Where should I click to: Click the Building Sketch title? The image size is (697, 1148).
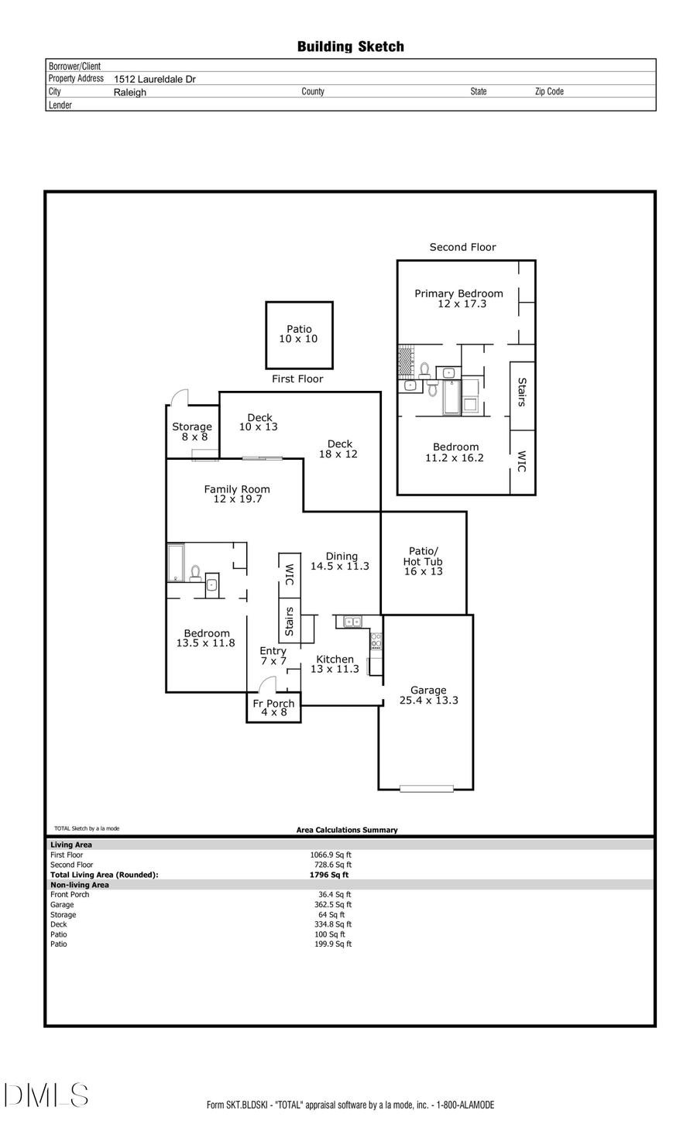(350, 46)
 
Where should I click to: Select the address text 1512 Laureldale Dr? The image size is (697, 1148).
(155, 79)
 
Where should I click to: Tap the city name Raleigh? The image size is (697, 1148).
(130, 92)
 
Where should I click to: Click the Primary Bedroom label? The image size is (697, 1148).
(458, 298)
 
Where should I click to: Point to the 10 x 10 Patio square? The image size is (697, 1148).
(299, 334)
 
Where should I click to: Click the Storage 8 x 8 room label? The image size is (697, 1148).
(192, 431)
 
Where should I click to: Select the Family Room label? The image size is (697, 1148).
(237, 494)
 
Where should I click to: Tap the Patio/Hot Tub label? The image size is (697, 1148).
(423, 561)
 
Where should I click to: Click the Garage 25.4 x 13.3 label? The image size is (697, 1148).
(428, 695)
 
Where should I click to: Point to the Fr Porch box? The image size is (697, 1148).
(273, 708)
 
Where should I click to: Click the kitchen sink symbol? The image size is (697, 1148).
(352, 622)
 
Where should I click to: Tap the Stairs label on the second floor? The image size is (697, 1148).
(522, 392)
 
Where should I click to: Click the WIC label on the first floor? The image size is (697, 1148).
(290, 574)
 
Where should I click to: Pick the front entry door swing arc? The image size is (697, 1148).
(266, 684)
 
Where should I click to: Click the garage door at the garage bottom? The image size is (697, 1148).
(426, 789)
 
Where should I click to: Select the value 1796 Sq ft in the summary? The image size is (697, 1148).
(329, 875)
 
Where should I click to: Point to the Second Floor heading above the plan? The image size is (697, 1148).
(462, 247)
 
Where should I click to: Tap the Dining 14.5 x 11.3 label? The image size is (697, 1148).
(340, 561)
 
